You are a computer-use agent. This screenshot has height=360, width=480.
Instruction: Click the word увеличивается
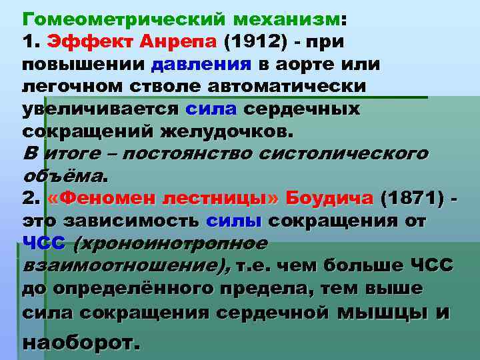click(100, 109)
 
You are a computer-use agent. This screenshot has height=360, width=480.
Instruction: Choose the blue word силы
click(237, 221)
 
